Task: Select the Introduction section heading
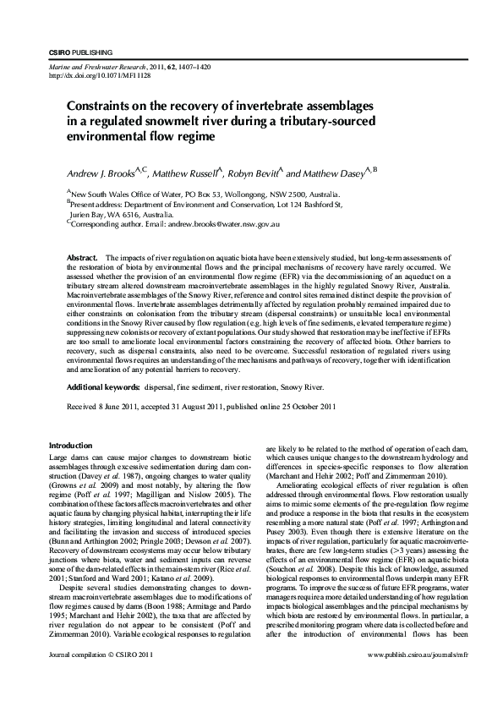[x=71, y=446]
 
